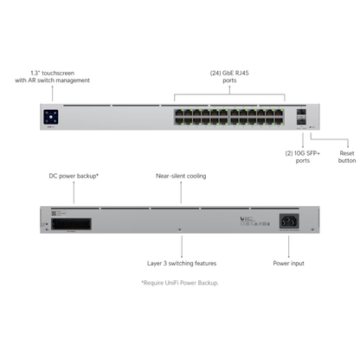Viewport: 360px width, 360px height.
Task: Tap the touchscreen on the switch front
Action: coord(50,116)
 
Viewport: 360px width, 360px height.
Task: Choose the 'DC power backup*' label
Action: coord(74,176)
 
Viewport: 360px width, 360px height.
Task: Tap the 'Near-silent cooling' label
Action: coord(180,176)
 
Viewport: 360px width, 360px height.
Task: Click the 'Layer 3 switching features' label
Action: coord(180,262)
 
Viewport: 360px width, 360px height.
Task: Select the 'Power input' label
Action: coord(289,262)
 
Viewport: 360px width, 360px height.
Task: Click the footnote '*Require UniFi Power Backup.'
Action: coord(180,283)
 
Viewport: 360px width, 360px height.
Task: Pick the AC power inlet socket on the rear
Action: coord(289,221)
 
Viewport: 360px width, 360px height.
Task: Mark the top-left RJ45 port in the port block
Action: coord(177,112)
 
